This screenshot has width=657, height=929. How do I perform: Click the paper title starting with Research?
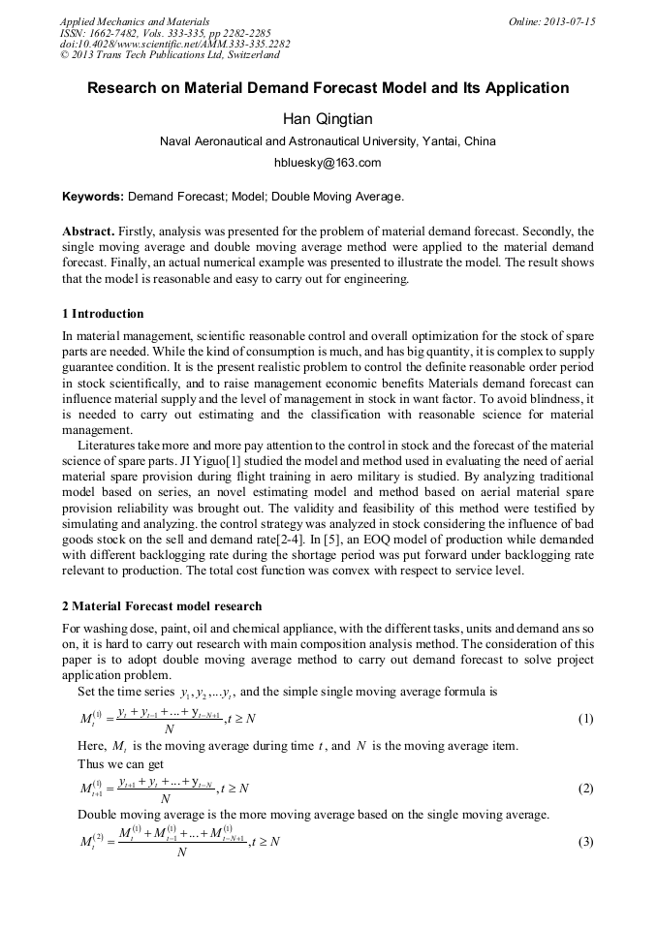[328, 88]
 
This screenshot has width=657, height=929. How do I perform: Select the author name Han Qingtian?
[328, 119]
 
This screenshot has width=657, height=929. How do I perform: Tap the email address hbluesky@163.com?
[328, 163]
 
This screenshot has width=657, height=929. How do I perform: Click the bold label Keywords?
[93, 197]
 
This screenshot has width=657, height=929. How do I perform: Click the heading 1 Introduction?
[103, 314]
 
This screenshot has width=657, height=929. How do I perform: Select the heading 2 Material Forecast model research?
[161, 606]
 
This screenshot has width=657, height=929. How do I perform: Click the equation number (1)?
[585, 719]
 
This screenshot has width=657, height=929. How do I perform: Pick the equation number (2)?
[585, 789]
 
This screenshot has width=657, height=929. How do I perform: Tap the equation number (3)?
[585, 842]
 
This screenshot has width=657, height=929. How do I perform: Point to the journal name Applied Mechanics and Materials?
[135, 20]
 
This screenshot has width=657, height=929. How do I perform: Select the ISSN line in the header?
[165, 32]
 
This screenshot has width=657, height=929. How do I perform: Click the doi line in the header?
[174, 44]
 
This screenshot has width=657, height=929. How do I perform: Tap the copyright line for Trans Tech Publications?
[170, 55]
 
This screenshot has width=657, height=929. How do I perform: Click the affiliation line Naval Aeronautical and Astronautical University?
[328, 141]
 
